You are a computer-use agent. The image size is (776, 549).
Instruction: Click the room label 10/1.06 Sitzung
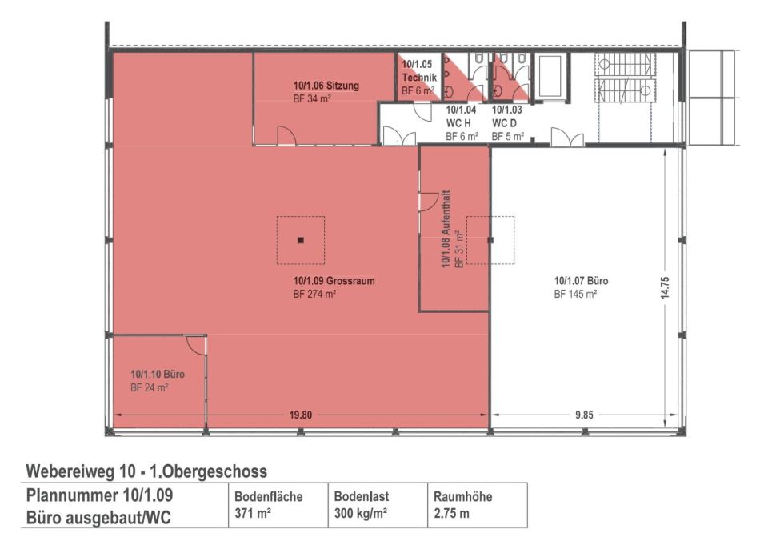[x=326, y=86]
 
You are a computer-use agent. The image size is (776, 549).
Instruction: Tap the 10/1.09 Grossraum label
[x=334, y=281]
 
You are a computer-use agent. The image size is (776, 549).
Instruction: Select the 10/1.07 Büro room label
[x=581, y=281]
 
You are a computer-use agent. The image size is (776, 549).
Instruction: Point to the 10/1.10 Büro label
[x=158, y=375]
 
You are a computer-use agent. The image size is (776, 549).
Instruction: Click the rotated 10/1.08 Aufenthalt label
[x=446, y=229]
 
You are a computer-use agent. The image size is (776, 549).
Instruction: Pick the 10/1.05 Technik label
[x=418, y=70]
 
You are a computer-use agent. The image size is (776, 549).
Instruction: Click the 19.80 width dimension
[x=301, y=415]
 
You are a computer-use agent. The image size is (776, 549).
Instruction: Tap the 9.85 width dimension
[x=585, y=415]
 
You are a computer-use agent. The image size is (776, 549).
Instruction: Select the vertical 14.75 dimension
[x=664, y=287]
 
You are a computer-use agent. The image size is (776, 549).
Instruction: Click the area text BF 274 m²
[x=314, y=294]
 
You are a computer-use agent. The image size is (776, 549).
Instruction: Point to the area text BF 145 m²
[x=575, y=294]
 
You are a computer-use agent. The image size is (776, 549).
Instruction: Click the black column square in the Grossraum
[x=301, y=241]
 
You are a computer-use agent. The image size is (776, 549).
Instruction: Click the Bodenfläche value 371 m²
[x=252, y=513]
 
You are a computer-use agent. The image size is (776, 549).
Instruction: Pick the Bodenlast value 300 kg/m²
[x=360, y=513]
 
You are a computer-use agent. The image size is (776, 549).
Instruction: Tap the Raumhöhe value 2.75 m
[x=451, y=513]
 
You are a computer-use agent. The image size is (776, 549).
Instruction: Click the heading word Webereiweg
[x=70, y=471]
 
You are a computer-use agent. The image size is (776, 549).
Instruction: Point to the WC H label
[x=458, y=122]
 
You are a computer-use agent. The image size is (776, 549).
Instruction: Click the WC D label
[x=504, y=122]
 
